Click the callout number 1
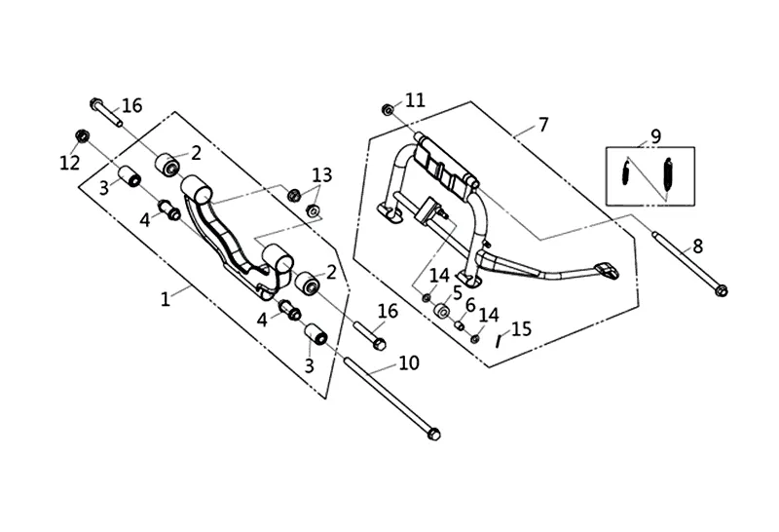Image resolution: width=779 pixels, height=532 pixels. (x=166, y=299)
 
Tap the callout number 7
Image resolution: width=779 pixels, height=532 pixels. (x=543, y=125)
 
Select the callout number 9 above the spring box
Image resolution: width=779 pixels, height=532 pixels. (x=655, y=135)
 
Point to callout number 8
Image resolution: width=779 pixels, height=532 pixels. (x=697, y=246)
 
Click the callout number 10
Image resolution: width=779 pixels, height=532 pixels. (x=409, y=363)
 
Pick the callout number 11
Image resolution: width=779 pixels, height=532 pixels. (x=416, y=100)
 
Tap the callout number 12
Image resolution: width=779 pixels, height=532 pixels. (x=69, y=163)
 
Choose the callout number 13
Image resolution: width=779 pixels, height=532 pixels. (x=322, y=175)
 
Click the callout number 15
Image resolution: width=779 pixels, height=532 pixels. (x=521, y=328)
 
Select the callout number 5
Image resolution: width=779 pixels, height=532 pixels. (x=457, y=292)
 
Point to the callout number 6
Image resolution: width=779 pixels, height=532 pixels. (x=470, y=305)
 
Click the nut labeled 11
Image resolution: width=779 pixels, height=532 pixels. (x=388, y=109)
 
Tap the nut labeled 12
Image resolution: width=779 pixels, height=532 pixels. (x=83, y=135)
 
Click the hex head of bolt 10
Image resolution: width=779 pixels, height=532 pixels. (x=433, y=434)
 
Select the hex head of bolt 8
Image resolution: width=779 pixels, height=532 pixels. (x=722, y=289)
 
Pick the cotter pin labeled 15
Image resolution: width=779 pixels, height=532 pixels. (x=500, y=342)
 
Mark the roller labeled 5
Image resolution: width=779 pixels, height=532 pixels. (x=442, y=311)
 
